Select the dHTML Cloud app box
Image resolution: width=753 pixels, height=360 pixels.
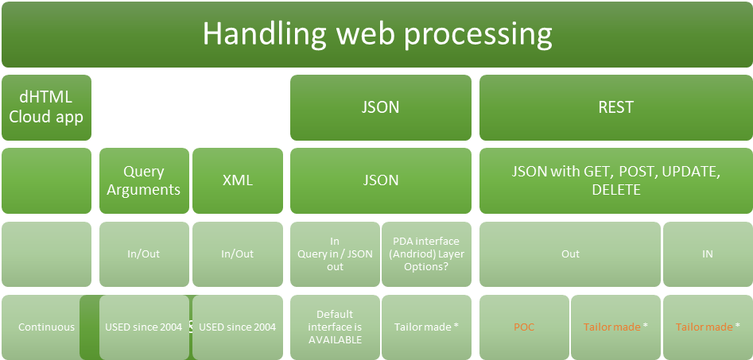(46, 107)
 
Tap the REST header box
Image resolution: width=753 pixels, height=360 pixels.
(616, 107)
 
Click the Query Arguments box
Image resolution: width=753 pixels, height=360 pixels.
(144, 180)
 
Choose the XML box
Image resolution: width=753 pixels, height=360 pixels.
(238, 180)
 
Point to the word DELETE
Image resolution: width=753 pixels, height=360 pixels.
(616, 190)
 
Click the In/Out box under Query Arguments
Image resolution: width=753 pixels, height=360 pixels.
(144, 254)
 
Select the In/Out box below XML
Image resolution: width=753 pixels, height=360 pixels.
(238, 254)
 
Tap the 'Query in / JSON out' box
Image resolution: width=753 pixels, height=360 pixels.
(335, 254)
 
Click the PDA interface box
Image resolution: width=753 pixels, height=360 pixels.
(426, 254)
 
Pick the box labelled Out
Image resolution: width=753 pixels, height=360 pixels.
(570, 254)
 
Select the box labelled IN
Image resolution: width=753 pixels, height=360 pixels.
(708, 254)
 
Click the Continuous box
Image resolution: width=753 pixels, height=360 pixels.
(46, 327)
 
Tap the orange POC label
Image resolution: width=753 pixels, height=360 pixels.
(524, 327)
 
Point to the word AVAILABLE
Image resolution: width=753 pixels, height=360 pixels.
(335, 340)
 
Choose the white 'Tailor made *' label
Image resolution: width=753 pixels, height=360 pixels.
(426, 327)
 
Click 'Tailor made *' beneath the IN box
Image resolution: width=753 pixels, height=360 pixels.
(708, 327)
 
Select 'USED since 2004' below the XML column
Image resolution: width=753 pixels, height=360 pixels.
(238, 327)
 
